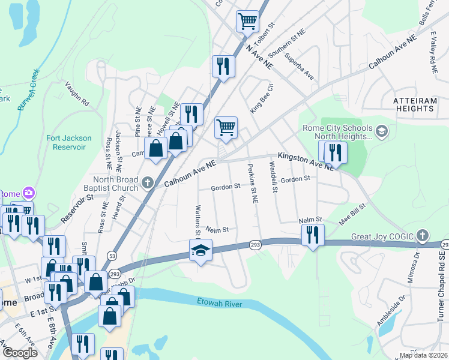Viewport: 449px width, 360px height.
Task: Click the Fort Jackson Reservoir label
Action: pyautogui.click(x=69, y=142)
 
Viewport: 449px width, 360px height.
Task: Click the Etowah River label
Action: pyautogui.click(x=220, y=304)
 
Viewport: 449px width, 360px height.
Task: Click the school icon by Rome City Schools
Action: pyautogui.click(x=381, y=130)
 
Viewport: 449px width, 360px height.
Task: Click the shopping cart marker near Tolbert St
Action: pyautogui.click(x=247, y=22)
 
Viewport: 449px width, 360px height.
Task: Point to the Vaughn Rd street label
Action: pyautogui.click(x=76, y=94)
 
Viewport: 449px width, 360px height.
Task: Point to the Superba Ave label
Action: pyautogui.click(x=300, y=67)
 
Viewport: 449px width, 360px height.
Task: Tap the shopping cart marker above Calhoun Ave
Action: pyautogui.click(x=226, y=128)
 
